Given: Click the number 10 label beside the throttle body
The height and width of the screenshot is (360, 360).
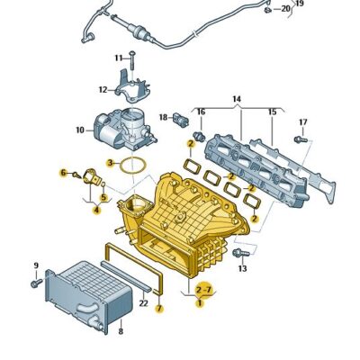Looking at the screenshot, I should [x=79, y=130].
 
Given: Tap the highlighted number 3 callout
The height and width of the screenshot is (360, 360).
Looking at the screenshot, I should [x=110, y=163].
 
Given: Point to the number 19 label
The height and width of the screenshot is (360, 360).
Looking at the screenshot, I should [x=300, y=4].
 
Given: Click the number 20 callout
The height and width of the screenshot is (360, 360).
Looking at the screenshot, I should [x=285, y=9].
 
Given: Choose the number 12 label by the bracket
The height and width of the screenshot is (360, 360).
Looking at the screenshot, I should [x=103, y=89].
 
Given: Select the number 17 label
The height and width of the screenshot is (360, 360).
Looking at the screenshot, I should [x=302, y=121].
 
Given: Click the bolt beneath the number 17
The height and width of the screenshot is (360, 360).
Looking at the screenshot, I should [x=301, y=139].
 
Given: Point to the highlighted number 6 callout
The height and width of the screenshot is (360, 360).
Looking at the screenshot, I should [x=64, y=173].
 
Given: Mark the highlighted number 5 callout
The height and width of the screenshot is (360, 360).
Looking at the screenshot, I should [x=103, y=197].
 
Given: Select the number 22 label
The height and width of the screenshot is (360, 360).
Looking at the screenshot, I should [x=143, y=303].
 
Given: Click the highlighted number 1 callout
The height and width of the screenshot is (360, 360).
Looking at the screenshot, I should [x=201, y=304].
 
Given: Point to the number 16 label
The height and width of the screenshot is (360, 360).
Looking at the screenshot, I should [x=201, y=112].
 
